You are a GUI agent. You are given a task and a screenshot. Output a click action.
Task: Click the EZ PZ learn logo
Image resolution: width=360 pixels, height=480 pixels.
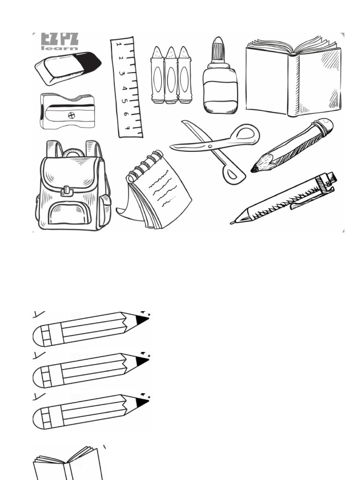coord(59,41)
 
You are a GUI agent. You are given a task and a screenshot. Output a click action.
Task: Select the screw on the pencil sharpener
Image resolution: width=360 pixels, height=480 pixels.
coord(71,115)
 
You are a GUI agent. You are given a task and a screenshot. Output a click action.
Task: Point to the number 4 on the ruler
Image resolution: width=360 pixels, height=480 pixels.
coord(125,89)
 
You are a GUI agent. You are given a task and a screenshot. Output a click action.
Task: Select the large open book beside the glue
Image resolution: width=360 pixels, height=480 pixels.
coord(293,77)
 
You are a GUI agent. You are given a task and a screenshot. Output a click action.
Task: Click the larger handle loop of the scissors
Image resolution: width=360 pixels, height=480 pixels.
coord(244,134)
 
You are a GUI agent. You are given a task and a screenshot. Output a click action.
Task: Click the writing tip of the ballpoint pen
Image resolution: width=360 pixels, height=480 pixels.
coord(233,222)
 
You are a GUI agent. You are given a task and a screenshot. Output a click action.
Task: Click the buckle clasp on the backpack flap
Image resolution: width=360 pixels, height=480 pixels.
coord(67,190)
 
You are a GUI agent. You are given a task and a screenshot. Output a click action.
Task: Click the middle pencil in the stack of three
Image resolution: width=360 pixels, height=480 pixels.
coord(89,370)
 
